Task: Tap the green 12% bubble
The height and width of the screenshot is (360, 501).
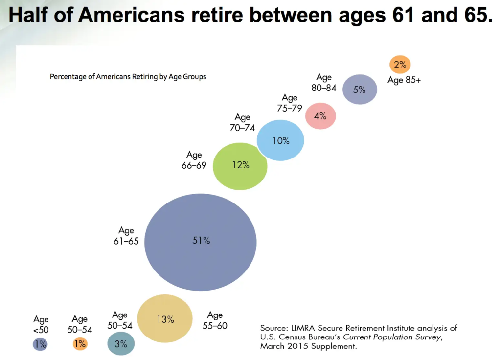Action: (x=240, y=165)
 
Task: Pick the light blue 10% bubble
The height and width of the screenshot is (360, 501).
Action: (x=281, y=140)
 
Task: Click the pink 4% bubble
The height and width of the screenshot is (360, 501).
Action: (x=320, y=116)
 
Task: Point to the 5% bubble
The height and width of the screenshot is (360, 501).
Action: (x=360, y=90)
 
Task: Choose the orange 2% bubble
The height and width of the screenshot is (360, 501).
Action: (x=400, y=65)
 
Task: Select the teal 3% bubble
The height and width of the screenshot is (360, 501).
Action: (x=121, y=344)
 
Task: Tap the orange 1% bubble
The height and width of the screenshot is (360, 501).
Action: (x=80, y=344)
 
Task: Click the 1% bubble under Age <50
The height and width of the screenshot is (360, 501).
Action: (x=40, y=344)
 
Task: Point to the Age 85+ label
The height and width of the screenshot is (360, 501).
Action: (x=404, y=80)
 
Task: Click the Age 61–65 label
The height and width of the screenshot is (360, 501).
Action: (x=126, y=235)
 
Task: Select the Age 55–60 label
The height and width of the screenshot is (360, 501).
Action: (x=215, y=320)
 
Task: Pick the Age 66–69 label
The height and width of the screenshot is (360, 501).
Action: (x=194, y=160)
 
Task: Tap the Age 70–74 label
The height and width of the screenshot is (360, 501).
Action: (x=242, y=122)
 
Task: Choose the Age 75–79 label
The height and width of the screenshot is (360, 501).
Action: (x=290, y=103)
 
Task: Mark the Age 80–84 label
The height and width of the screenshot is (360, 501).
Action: (x=324, y=82)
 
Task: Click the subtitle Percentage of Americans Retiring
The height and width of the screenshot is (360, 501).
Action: (x=128, y=77)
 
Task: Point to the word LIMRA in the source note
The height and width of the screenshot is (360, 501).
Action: (x=297, y=328)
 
